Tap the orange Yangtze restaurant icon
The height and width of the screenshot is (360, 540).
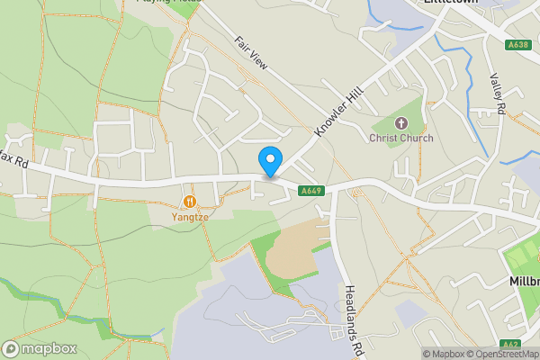point(189,202)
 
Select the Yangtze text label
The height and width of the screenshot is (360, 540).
point(189,217)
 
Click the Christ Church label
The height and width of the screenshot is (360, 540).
point(401,138)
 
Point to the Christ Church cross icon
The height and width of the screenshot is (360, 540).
point(401,123)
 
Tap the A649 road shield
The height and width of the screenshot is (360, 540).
point(311,191)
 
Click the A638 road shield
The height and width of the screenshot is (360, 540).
point(517,44)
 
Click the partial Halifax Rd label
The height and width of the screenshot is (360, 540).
point(13,159)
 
